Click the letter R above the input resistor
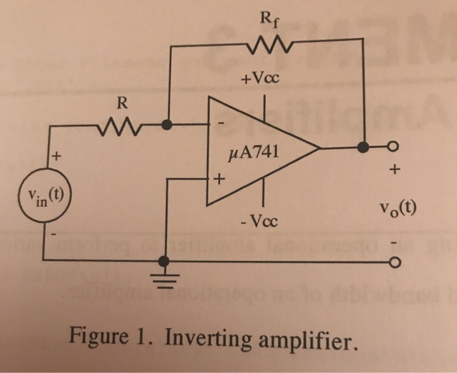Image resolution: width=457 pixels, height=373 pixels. tap(121, 103)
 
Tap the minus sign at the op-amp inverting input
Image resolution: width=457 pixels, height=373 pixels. tap(220, 122)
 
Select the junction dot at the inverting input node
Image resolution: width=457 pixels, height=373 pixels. tap(168, 124)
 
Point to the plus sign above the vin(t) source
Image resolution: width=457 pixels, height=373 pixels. tap(57, 157)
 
